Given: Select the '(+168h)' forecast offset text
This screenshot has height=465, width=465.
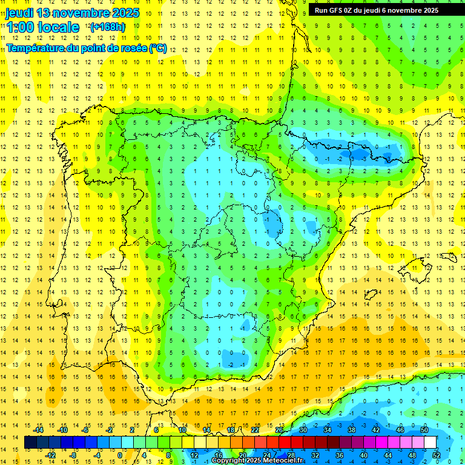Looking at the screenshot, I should point(107,27).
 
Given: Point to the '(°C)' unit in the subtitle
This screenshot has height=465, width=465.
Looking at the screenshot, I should point(158,48).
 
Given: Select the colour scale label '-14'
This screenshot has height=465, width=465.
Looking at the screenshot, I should point(38,430).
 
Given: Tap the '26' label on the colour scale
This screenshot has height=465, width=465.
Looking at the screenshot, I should point(279,430).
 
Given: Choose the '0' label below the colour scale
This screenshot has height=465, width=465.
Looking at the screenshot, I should point(120,455).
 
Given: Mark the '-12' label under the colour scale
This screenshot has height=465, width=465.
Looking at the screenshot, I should point(50,455).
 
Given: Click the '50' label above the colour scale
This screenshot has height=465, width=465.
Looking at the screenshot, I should point(424,430).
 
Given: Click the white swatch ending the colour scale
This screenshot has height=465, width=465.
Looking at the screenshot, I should point(430,442).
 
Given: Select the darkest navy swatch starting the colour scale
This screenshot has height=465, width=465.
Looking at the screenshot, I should point(30,442).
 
